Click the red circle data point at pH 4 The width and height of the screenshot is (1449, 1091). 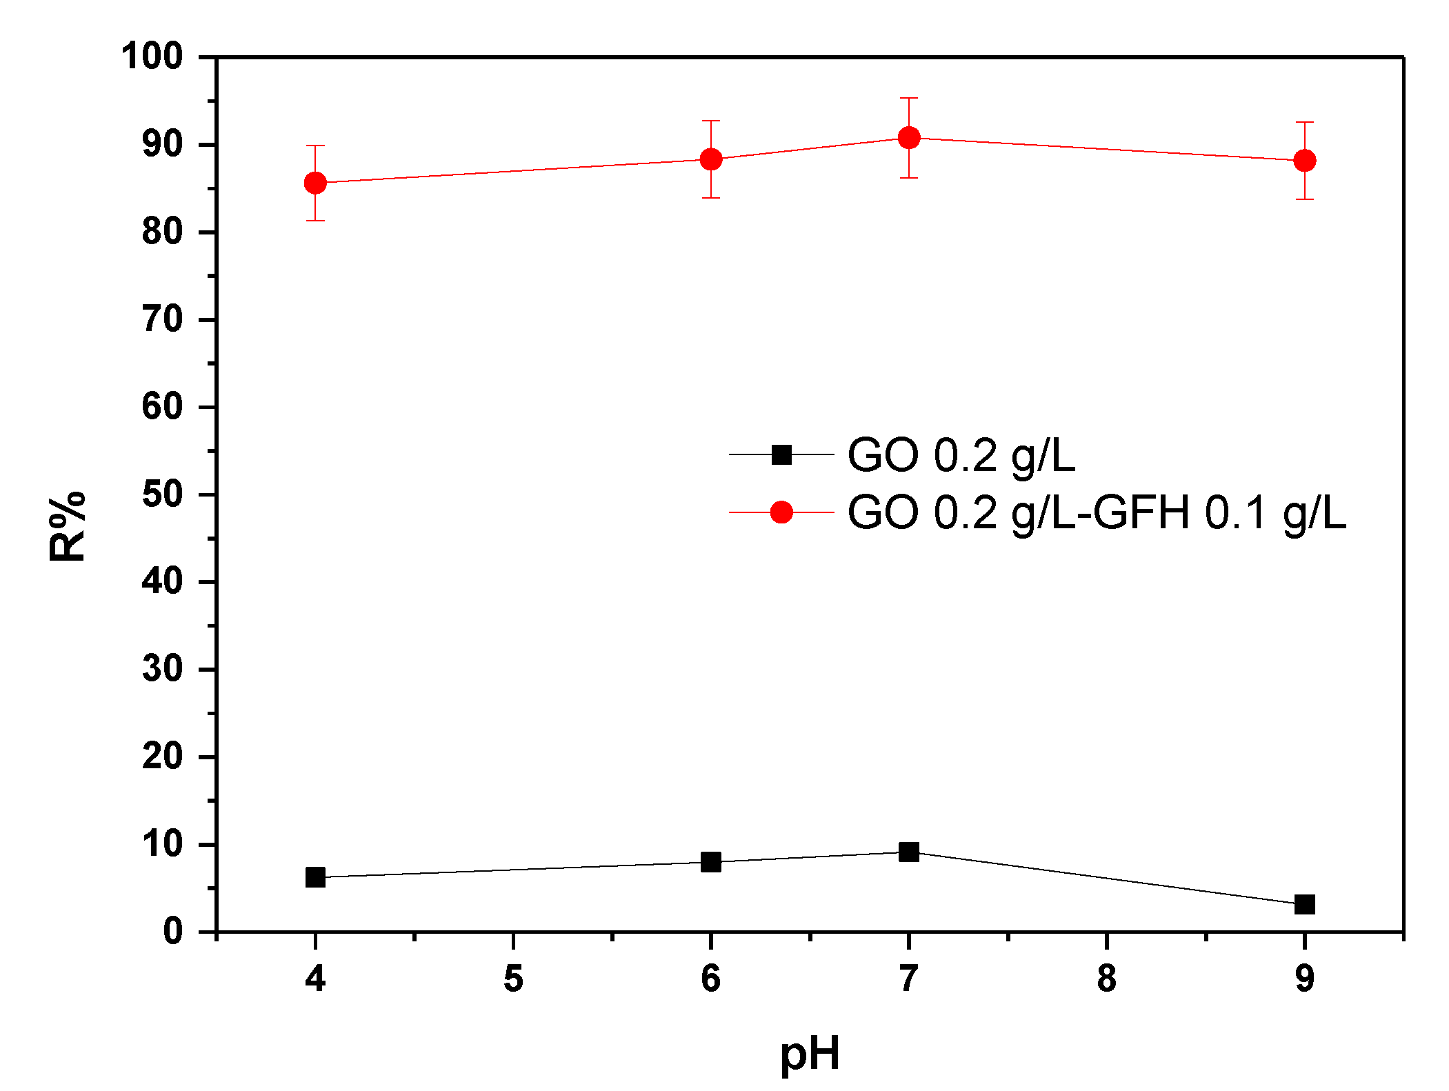pyautogui.click(x=315, y=183)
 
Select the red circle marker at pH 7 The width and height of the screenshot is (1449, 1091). pyautogui.click(x=909, y=138)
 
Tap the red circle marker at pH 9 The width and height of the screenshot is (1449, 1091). pyautogui.click(x=1304, y=161)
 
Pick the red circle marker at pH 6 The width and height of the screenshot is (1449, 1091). pyautogui.click(x=711, y=159)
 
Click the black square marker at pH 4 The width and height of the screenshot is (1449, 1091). pyautogui.click(x=315, y=877)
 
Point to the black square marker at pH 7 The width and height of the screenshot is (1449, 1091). pyautogui.click(x=909, y=852)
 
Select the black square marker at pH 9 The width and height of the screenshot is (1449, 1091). pyautogui.click(x=1304, y=904)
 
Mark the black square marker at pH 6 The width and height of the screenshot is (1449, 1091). pyautogui.click(x=711, y=861)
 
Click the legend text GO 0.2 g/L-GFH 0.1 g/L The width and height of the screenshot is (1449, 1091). pyautogui.click(x=1096, y=513)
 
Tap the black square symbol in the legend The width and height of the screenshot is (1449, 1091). pyautogui.click(x=781, y=454)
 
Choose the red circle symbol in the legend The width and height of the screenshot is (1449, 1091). pyautogui.click(x=781, y=512)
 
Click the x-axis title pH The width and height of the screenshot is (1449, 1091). pyautogui.click(x=810, y=1054)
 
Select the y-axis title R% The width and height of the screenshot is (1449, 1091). pyautogui.click(x=67, y=526)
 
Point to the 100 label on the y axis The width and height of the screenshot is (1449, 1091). pyautogui.click(x=152, y=57)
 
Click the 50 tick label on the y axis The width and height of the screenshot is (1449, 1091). pyautogui.click(x=162, y=494)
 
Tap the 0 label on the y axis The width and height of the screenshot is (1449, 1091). pyautogui.click(x=172, y=931)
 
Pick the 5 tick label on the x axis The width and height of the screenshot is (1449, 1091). pyautogui.click(x=513, y=979)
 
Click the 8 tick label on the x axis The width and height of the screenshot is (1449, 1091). pyautogui.click(x=1106, y=979)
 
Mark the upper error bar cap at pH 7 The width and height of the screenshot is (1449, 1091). pyautogui.click(x=909, y=99)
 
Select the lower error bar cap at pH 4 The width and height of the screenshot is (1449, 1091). pyautogui.click(x=315, y=221)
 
